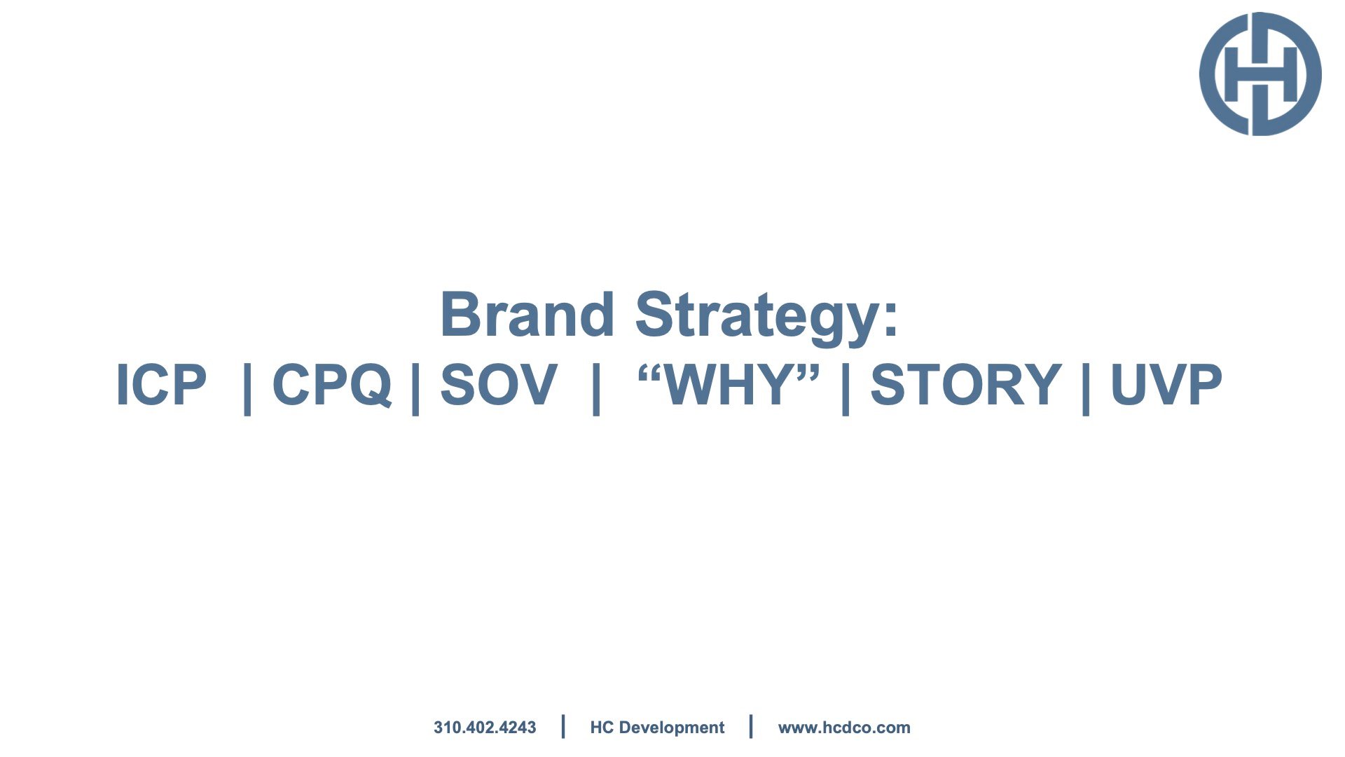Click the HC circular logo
point(1260,74)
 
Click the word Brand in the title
point(527,315)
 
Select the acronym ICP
point(161,384)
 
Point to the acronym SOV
point(499,384)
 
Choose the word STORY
point(966,384)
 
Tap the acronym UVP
point(1166,384)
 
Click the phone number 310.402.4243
point(485,728)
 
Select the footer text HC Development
point(657,728)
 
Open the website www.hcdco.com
point(844,728)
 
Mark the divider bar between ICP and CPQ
point(247,388)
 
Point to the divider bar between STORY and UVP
point(1086,388)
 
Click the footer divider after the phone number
point(563,727)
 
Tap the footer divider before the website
point(751,727)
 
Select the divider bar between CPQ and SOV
point(415,388)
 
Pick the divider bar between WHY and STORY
point(846,388)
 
